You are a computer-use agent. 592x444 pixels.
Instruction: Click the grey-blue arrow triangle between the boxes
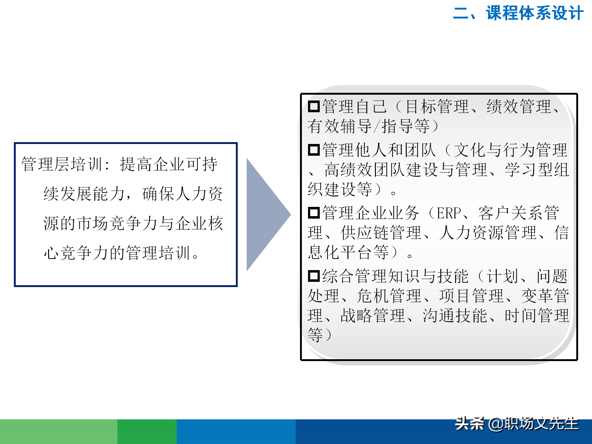coord(265,215)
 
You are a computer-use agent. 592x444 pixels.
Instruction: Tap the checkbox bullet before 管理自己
coord(314,107)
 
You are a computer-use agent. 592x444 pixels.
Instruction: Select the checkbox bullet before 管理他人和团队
coord(314,150)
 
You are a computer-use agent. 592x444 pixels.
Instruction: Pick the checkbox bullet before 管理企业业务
coord(314,213)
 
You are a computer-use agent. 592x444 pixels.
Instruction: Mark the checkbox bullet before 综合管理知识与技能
coord(314,276)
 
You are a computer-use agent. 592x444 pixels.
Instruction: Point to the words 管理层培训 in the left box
coord(62,164)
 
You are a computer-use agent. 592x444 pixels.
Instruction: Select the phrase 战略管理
coord(373,316)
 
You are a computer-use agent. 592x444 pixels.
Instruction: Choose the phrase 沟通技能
coord(455,316)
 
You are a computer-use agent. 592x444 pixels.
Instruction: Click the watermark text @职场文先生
coord(533,424)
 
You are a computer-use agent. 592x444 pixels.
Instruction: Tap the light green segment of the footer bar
coord(59,432)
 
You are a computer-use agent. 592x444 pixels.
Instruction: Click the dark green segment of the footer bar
coord(147,432)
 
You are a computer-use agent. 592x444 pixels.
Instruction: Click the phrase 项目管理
coord(472,296)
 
